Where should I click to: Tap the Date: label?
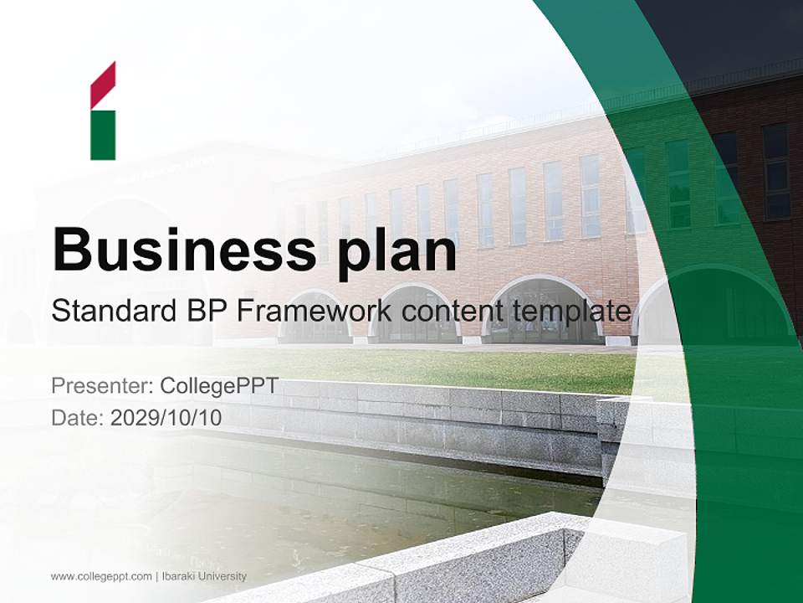click(78, 417)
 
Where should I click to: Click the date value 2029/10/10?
click(166, 417)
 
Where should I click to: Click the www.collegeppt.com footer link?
click(101, 576)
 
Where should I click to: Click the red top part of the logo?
click(103, 84)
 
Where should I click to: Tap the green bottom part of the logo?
click(103, 135)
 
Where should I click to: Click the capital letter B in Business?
click(71, 249)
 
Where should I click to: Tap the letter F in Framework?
click(244, 312)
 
